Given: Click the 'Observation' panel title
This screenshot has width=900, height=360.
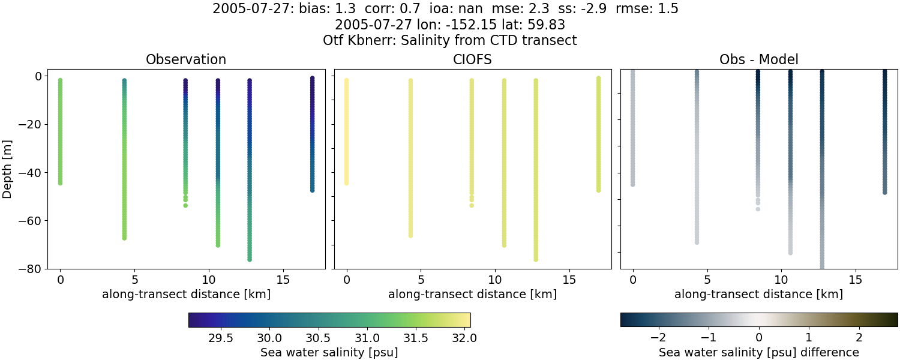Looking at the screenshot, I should pos(186,60).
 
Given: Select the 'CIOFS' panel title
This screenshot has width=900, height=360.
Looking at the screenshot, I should pos(472,60).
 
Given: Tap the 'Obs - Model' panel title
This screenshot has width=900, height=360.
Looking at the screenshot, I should pos(758,60).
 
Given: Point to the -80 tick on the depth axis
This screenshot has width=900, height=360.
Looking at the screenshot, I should pos(46,269).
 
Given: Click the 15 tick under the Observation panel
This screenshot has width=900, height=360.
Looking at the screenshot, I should pos(283,280).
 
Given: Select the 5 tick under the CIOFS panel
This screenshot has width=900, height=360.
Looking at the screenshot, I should pos(421,280).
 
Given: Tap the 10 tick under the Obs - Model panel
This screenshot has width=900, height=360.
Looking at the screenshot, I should pos(781,280).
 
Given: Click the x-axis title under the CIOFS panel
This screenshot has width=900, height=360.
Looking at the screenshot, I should pos(472,295).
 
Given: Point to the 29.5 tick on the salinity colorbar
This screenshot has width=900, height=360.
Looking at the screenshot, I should pos(221,337).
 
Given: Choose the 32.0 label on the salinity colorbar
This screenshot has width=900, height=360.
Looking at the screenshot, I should pos(464,337).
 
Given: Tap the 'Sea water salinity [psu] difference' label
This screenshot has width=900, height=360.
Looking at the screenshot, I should pos(758,352).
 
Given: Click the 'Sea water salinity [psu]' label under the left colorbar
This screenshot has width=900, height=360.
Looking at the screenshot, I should pos(329,352).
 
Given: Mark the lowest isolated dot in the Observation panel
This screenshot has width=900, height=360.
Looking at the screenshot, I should pos(185,205).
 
